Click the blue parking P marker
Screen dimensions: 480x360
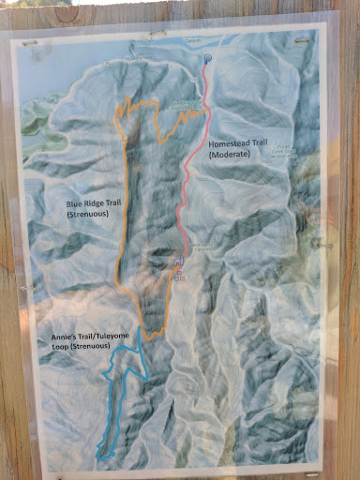(207, 59)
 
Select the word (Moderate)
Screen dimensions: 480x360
(229, 155)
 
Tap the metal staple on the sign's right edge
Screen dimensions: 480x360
(327, 246)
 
